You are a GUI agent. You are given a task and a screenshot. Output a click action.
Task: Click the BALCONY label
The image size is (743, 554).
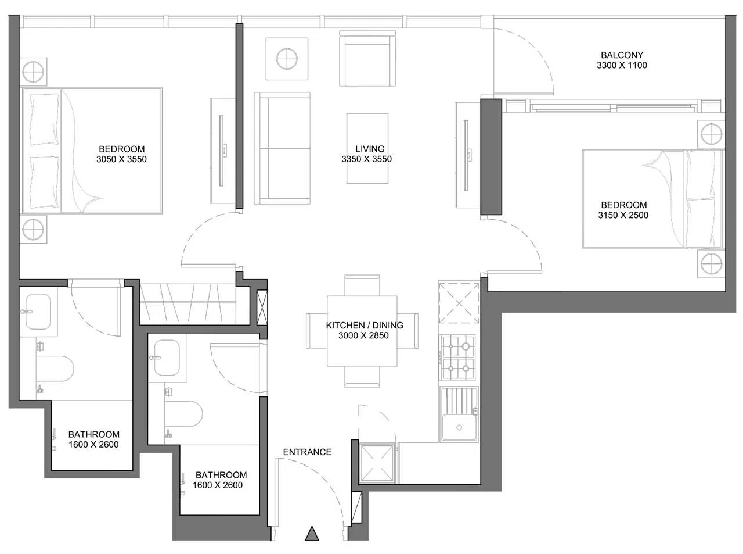622,55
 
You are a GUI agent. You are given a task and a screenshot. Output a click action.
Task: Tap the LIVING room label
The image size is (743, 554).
370,149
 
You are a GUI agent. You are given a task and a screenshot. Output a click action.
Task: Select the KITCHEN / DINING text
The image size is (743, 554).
365,325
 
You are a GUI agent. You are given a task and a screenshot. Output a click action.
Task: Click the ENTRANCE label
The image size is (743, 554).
307,452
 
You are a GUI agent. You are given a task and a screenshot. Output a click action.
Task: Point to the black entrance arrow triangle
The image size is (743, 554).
312,534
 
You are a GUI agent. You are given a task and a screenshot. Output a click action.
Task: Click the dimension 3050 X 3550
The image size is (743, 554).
121,159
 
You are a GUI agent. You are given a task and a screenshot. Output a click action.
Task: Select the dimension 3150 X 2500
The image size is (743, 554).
623,215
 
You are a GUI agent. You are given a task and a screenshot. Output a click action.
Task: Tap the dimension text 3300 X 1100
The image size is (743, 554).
622,65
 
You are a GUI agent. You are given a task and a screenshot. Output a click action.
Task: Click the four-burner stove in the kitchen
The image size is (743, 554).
458,358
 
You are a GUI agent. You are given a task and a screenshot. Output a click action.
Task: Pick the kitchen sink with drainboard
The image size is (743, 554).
459,414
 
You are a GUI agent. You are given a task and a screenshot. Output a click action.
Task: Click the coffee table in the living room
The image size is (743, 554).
367,148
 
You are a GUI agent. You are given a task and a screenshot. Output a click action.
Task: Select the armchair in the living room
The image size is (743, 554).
367,58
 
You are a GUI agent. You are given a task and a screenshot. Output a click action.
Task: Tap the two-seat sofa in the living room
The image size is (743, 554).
282,148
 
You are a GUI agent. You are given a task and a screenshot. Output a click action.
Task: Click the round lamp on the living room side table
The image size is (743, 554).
287,59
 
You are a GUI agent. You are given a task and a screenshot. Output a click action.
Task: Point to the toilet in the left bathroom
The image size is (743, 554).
55,369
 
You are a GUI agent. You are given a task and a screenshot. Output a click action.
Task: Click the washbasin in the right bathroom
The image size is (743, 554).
167,358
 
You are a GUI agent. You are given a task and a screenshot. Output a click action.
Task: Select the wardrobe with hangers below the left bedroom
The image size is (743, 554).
194,303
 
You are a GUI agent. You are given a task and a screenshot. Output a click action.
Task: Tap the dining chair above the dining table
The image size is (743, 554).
362,285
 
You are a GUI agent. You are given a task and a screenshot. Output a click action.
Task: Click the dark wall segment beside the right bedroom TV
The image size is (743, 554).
491,157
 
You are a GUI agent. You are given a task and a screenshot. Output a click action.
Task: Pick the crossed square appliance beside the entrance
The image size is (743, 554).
377,463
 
